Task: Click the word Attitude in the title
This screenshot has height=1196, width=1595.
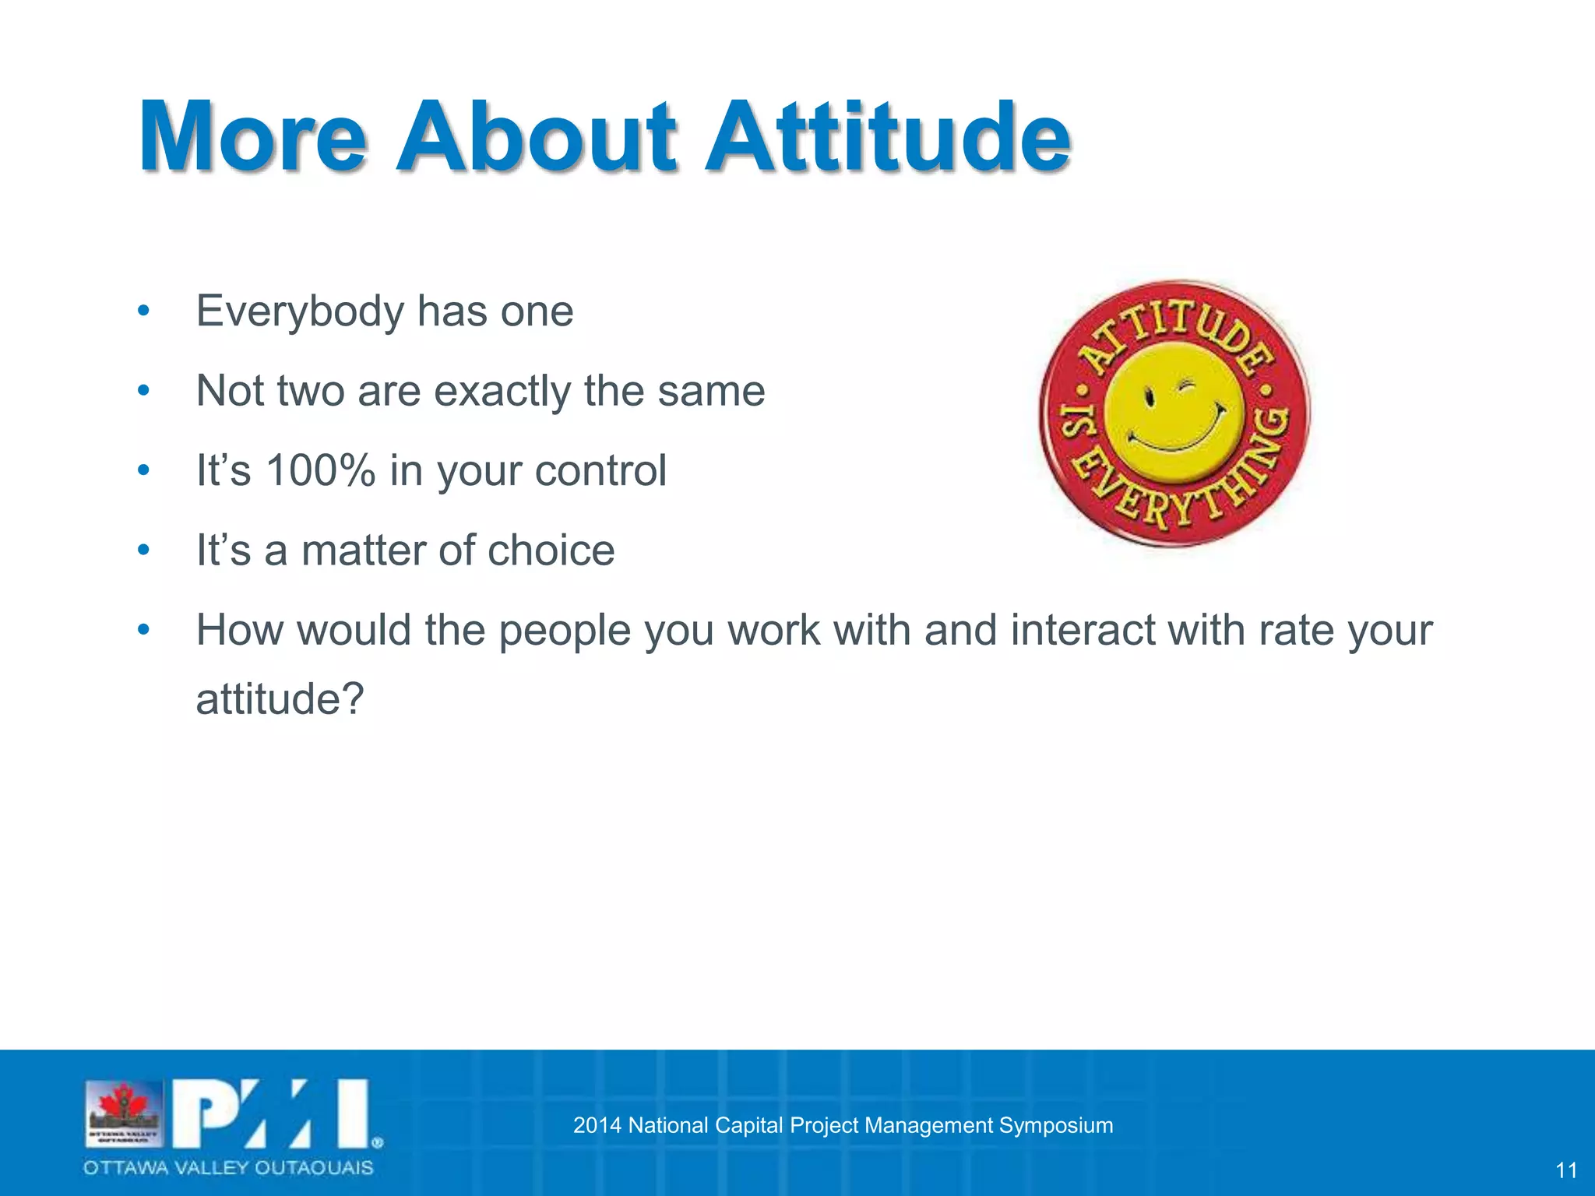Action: click(x=888, y=138)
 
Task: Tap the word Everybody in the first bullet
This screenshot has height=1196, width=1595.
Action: click(x=300, y=312)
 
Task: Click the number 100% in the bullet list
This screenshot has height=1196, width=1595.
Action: click(x=320, y=470)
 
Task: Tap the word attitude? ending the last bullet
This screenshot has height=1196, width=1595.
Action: click(x=280, y=698)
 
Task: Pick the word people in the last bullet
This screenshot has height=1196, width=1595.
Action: click(x=564, y=631)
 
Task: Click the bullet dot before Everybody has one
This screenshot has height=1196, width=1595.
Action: click(x=143, y=311)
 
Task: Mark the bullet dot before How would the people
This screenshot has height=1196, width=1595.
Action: click(x=143, y=629)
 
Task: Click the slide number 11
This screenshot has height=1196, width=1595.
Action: click(x=1565, y=1170)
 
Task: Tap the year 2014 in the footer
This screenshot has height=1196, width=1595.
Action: click(x=597, y=1125)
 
